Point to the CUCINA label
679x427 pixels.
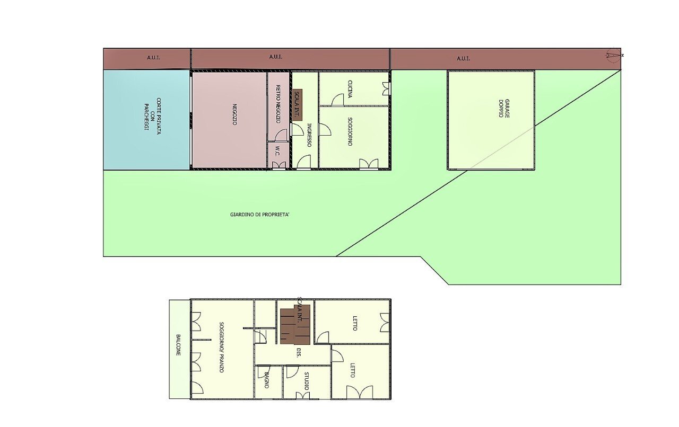[x=350, y=89]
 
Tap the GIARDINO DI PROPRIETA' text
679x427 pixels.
[x=260, y=215]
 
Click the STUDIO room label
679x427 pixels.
[x=306, y=380]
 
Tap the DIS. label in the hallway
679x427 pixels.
[x=299, y=353]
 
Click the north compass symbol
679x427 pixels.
[x=614, y=55]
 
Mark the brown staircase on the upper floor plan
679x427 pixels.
[x=294, y=324]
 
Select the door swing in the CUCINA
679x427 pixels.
[x=338, y=100]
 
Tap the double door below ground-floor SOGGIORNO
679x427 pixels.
[x=369, y=164]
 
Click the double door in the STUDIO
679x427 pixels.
[x=302, y=395]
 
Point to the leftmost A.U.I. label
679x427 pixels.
[x=153, y=58]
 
